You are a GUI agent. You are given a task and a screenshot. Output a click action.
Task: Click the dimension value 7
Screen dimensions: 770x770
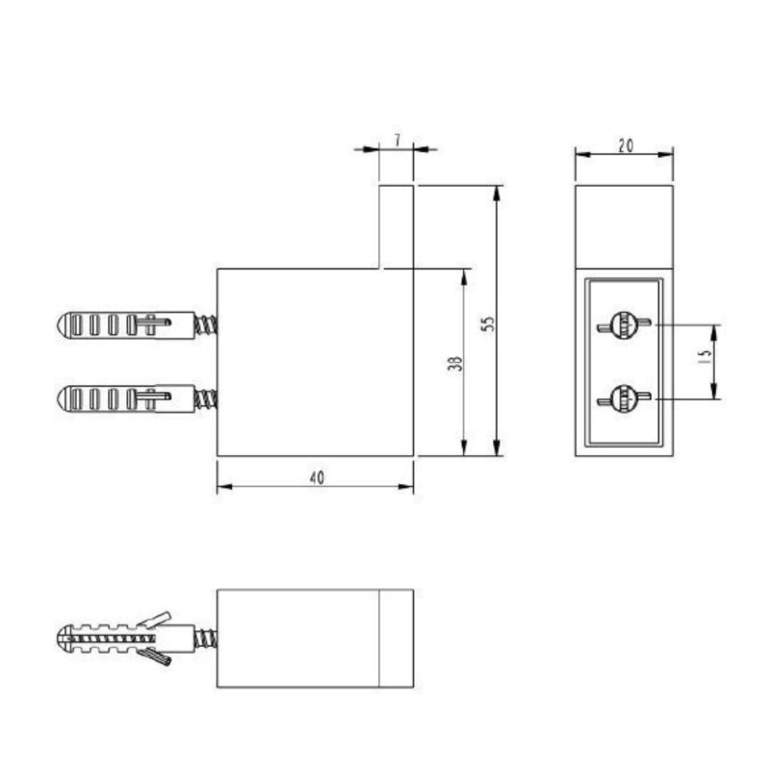(397, 141)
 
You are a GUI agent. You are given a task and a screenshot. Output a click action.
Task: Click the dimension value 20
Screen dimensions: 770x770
(625, 145)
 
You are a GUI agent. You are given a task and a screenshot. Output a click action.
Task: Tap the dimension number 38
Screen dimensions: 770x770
(455, 363)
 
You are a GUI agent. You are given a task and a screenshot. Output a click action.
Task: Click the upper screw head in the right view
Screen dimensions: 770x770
(624, 325)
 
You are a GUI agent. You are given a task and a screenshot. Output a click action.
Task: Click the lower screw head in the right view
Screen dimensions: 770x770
(624, 397)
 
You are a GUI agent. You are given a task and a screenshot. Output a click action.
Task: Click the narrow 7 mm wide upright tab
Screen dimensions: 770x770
(396, 226)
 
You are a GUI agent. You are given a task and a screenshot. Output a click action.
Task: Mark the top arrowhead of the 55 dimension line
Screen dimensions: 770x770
(497, 192)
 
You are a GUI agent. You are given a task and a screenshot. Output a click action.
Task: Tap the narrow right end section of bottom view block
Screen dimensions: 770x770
(396, 638)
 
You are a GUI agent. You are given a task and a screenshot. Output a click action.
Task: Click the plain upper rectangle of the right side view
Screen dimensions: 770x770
(624, 226)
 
